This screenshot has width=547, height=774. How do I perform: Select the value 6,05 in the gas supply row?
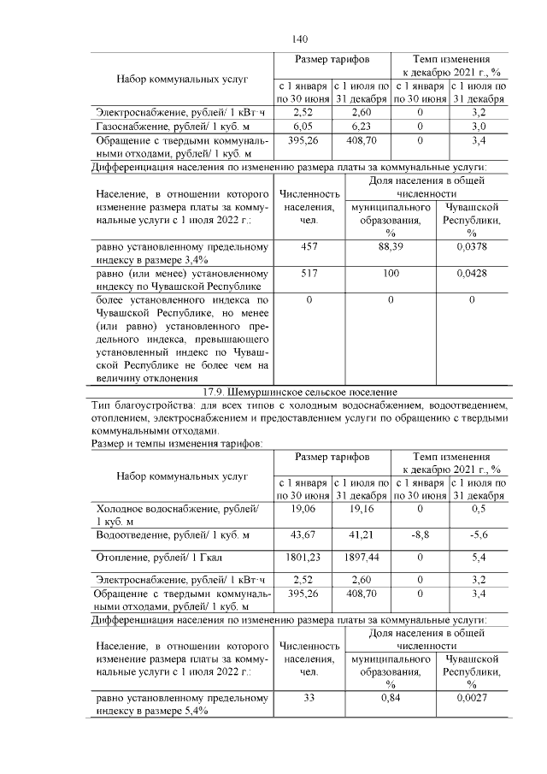303,125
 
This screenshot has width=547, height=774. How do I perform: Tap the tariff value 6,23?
362,125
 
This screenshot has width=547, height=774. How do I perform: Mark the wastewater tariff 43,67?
303,535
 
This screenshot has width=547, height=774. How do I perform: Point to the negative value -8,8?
420,535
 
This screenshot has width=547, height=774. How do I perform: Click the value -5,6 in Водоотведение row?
479,535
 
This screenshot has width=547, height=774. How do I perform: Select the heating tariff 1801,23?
303,557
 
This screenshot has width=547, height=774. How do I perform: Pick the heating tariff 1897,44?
362,557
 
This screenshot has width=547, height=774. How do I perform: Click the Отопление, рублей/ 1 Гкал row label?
159,558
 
